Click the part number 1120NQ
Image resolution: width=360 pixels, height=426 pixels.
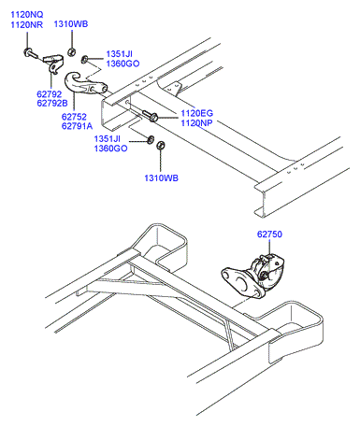(x=27, y=15)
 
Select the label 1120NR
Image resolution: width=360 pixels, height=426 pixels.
(x=27, y=25)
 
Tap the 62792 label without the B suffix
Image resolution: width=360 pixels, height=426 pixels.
(x=50, y=93)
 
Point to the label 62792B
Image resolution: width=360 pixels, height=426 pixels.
(x=52, y=103)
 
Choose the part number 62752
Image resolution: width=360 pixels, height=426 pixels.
(x=74, y=117)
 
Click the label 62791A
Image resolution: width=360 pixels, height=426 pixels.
(x=77, y=126)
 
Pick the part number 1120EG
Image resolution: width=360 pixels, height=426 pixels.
(x=197, y=113)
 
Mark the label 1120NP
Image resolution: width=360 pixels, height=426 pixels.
(x=196, y=123)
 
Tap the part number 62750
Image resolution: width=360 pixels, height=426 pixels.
(x=269, y=234)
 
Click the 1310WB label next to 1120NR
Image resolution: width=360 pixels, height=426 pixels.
(x=71, y=24)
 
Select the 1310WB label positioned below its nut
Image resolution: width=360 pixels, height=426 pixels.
(x=161, y=178)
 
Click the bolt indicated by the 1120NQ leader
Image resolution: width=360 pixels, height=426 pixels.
(x=30, y=53)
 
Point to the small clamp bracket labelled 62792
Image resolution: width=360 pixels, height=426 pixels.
(x=53, y=63)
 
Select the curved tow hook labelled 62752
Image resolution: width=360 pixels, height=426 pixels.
(x=84, y=83)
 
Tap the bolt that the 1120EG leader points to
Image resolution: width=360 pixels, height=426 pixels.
(x=151, y=115)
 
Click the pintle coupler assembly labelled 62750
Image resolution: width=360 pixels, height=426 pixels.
(x=253, y=276)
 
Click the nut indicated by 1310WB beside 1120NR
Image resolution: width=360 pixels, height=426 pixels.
(x=71, y=51)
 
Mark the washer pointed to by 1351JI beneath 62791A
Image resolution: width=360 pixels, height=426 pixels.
(x=151, y=139)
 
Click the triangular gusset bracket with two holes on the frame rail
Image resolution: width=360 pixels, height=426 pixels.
(x=175, y=88)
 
